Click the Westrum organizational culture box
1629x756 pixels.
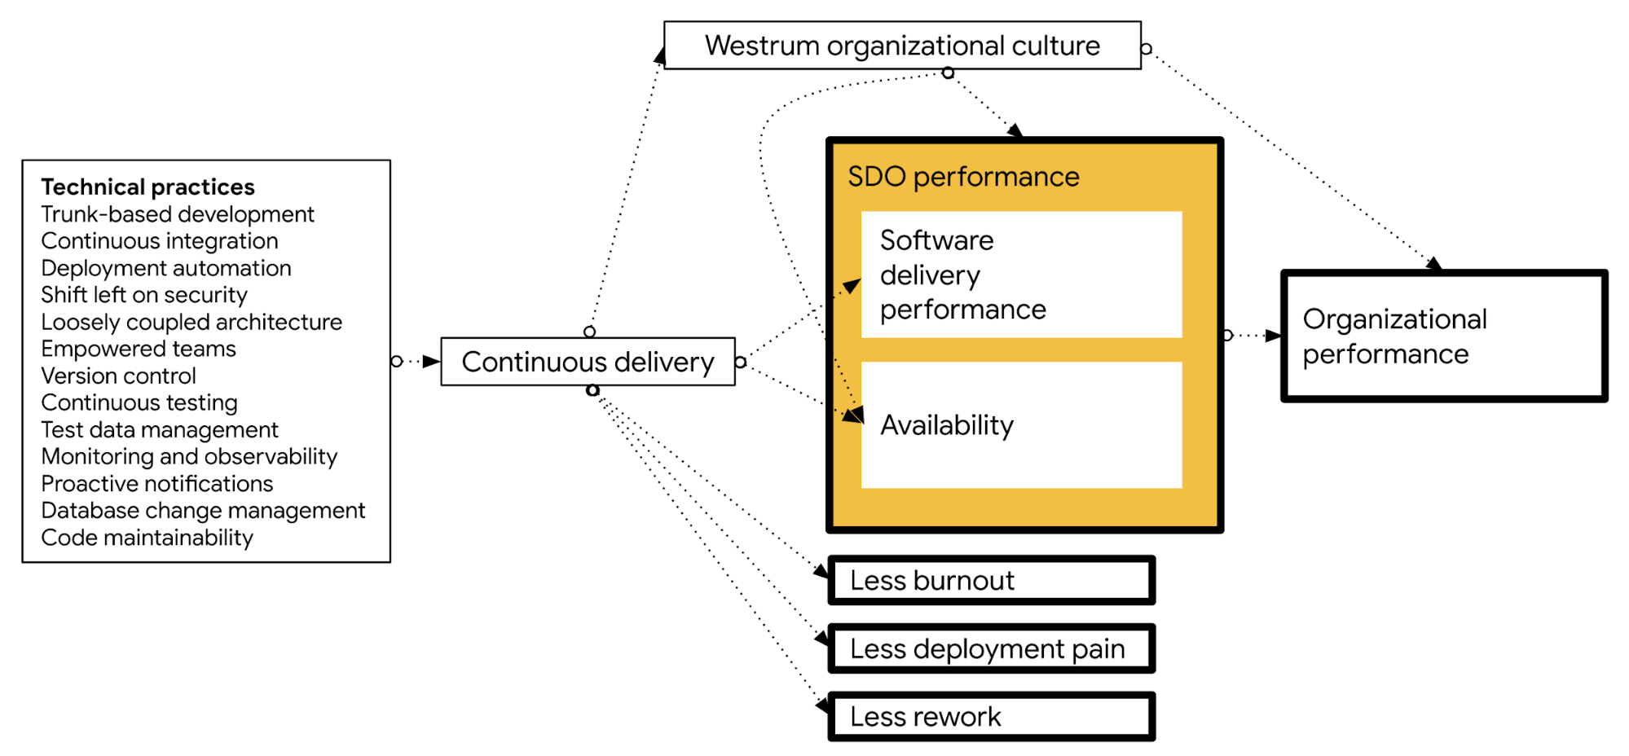[x=902, y=46]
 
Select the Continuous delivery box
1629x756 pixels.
[x=588, y=362]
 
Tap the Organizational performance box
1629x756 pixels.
[x=1443, y=336]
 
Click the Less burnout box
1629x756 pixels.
[x=991, y=581]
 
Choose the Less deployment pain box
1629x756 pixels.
[x=991, y=649]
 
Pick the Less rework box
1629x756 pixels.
[x=991, y=717]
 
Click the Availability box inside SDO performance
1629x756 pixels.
[x=1021, y=425]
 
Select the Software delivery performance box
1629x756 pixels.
[x=1021, y=275]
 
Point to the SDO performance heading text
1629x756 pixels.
[x=963, y=177]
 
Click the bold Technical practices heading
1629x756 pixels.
[x=147, y=187]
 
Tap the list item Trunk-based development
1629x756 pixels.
[x=178, y=214]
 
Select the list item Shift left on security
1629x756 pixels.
[x=144, y=295]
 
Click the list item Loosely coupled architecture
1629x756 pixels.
[x=192, y=322]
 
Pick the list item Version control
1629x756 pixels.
[x=119, y=376]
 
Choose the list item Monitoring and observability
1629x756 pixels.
[x=189, y=456]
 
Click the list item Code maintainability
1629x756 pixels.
[x=147, y=538]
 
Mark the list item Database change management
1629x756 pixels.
[x=203, y=511]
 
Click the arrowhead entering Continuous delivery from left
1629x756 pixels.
[x=432, y=362]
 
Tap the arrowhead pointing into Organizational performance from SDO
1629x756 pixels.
[x=1273, y=336]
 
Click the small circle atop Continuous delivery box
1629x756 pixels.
[x=590, y=332]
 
